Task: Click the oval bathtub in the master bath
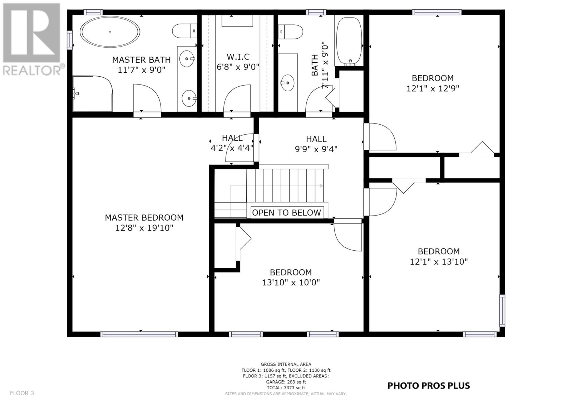[110, 32]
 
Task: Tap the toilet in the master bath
[184, 31]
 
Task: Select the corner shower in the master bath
[93, 93]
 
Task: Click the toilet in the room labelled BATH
[290, 32]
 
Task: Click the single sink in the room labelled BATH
[287, 83]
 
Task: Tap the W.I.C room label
[238, 57]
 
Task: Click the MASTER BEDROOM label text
[144, 218]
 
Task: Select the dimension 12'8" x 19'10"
[144, 228]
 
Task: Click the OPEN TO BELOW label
[286, 213]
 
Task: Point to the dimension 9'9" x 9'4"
[316, 149]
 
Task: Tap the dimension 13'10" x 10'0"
[291, 283]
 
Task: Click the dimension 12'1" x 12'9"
[433, 88]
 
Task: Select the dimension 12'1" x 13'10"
[439, 262]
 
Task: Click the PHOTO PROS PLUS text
[429, 386]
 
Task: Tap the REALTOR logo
[32, 39]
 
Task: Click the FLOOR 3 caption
[22, 393]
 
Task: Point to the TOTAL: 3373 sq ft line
[286, 387]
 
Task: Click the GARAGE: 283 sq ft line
[286, 382]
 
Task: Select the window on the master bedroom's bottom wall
[139, 334]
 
